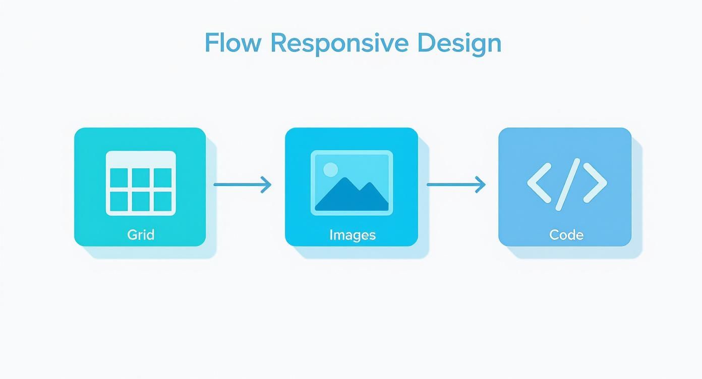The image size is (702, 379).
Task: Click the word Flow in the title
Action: (233, 43)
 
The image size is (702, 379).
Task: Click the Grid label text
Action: (141, 234)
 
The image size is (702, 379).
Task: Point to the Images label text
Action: (353, 235)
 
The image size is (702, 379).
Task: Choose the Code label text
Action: (566, 235)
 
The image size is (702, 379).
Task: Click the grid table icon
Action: (141, 183)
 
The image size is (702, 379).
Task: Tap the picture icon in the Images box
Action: (352, 183)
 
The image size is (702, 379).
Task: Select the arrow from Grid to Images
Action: (242, 184)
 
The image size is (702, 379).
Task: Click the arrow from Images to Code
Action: (456, 184)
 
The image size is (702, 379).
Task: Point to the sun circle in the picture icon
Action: (330, 169)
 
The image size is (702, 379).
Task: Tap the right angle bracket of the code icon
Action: (595, 182)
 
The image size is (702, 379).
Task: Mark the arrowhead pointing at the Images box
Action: (266, 184)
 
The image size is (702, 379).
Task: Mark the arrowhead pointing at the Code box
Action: (480, 184)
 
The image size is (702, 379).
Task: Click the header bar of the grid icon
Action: (141, 158)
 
